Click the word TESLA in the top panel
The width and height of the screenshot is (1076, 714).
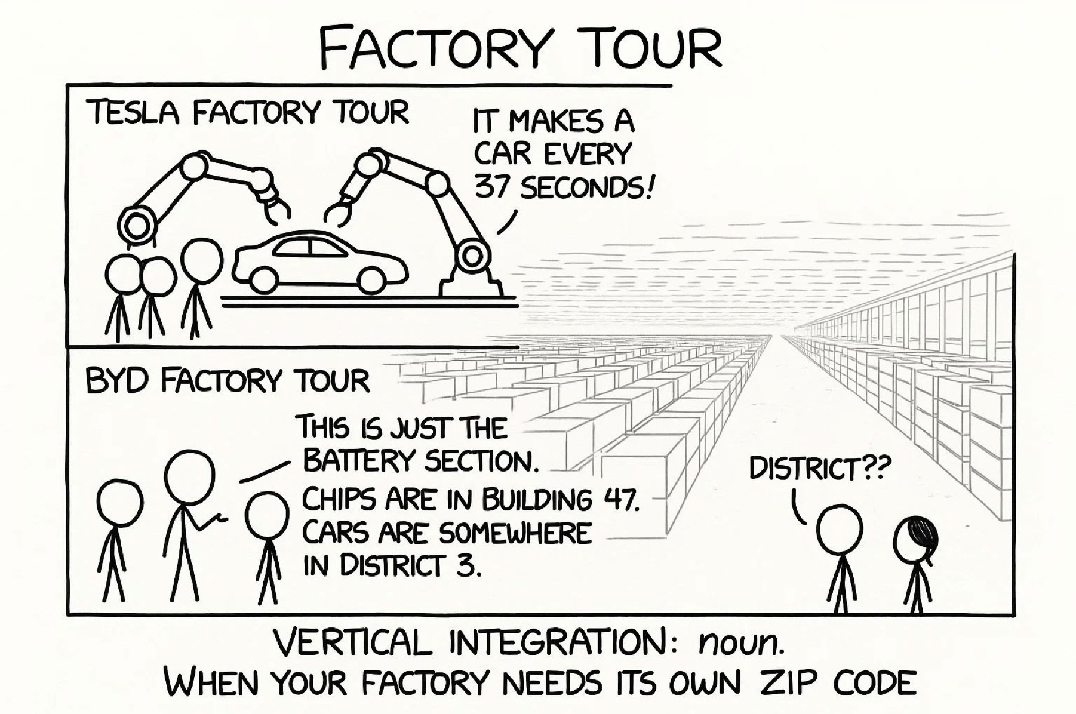[133, 113]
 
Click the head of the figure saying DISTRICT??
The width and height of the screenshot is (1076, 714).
[839, 529]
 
